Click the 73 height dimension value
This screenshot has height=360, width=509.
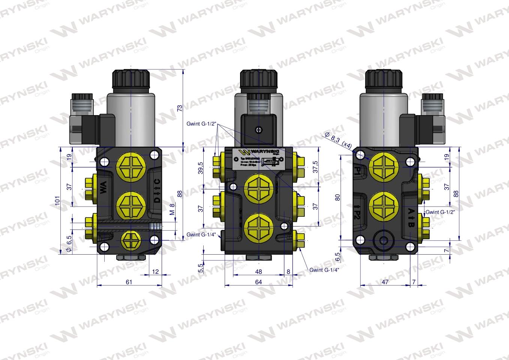tap(180, 108)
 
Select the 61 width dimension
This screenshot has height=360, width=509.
tap(129, 282)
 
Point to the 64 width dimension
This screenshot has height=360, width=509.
tap(258, 282)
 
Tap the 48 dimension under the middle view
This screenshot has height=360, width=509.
tap(258, 271)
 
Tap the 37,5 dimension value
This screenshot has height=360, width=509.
tap(315, 167)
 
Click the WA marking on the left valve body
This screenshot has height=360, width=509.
tap(104, 186)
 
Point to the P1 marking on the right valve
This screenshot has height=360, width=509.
tap(357, 171)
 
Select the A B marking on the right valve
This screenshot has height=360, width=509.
tap(411, 217)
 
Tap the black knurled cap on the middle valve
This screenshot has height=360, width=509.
tap(258, 78)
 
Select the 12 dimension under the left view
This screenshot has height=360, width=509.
tap(156, 271)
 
